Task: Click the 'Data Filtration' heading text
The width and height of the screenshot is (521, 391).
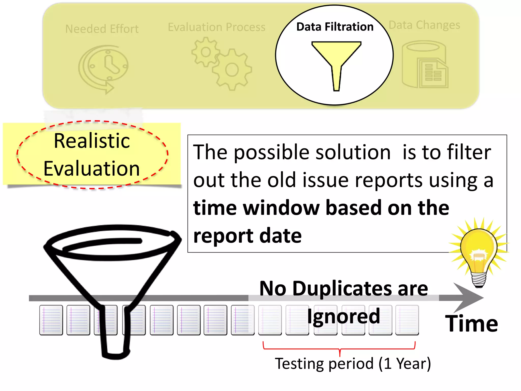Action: (x=335, y=27)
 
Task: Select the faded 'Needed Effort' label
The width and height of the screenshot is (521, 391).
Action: (x=102, y=29)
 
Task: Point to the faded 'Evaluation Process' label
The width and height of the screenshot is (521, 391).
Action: (x=216, y=27)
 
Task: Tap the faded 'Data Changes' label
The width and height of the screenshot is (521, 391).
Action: (x=424, y=25)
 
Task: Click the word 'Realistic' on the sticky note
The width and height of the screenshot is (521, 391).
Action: (x=92, y=141)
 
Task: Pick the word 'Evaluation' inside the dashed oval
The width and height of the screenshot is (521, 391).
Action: (x=92, y=169)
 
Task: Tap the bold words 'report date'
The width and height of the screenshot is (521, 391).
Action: (x=247, y=236)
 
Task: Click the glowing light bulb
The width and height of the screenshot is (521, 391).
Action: (x=479, y=252)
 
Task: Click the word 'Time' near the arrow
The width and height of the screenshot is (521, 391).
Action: (x=471, y=324)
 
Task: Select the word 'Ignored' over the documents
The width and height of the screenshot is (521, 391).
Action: (x=343, y=316)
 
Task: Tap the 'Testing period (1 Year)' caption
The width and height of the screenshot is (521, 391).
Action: (x=353, y=364)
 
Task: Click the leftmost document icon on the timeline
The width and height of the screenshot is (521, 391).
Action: (x=51, y=320)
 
